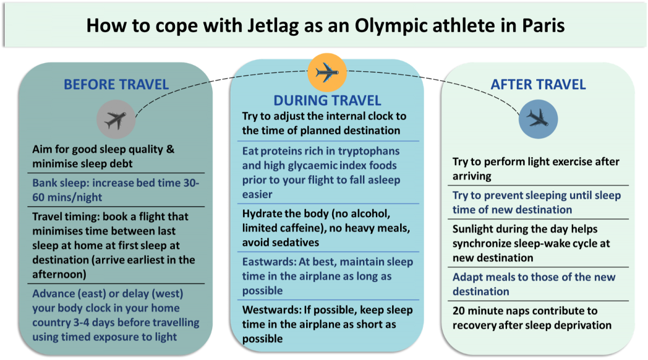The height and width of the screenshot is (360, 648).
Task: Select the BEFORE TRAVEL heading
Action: tap(116, 84)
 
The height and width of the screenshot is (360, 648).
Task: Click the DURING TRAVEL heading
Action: tap(327, 100)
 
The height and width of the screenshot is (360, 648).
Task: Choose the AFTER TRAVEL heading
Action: tap(538, 84)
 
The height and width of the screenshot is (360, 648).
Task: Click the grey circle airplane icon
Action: tap(116, 120)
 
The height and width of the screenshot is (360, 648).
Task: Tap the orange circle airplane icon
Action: tap(327, 72)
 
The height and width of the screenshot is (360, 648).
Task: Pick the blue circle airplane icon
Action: tap(538, 118)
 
